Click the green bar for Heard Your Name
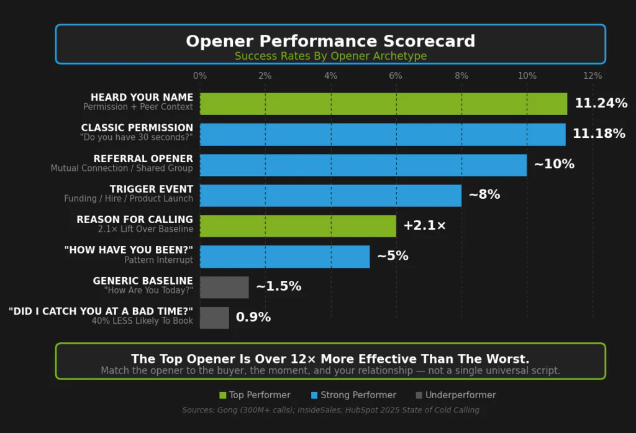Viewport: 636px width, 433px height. [x=383, y=104]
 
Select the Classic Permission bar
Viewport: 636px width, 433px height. [x=383, y=134]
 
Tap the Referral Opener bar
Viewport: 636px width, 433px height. [x=363, y=165]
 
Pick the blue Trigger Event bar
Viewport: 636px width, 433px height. [x=330, y=195]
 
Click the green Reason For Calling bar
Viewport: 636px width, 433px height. [x=298, y=226]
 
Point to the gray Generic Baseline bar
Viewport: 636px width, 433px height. [x=224, y=287]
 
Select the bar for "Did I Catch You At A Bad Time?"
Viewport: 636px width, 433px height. [x=214, y=317]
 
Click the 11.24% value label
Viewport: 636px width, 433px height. [x=601, y=104]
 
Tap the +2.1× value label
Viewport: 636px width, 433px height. [x=424, y=226]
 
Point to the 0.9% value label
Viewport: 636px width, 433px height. [x=253, y=317]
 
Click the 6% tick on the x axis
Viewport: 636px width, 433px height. [x=396, y=76]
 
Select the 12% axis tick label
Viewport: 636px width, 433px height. [x=593, y=76]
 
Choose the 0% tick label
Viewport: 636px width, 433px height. [x=200, y=76]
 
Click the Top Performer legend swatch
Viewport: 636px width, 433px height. [x=223, y=395]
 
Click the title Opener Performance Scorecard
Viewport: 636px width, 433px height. [x=330, y=42]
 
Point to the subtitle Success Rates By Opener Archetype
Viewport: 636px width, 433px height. [x=330, y=57]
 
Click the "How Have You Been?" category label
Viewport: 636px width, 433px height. [x=129, y=250]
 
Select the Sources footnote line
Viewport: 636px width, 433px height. [x=330, y=410]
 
